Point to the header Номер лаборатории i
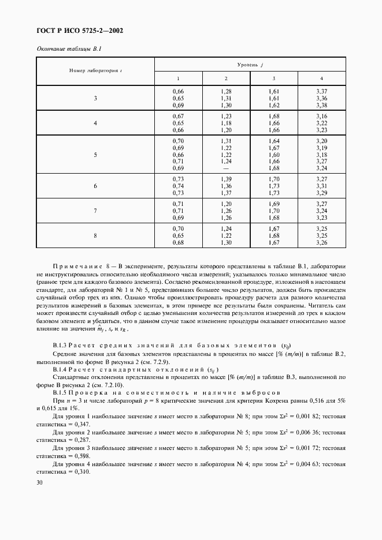pyautogui.click(x=95, y=70)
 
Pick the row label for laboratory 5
pyautogui.click(x=95, y=155)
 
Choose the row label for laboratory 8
pyautogui.click(x=95, y=235)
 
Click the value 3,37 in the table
pyautogui.click(x=322, y=92)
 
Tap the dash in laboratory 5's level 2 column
pyautogui.click(x=226, y=168)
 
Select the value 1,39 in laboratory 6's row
pyautogui.click(x=226, y=180)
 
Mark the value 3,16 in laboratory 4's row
pyautogui.click(x=322, y=117)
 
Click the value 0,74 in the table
pyautogui.click(x=178, y=186)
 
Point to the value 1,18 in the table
pyautogui.click(x=226, y=123)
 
